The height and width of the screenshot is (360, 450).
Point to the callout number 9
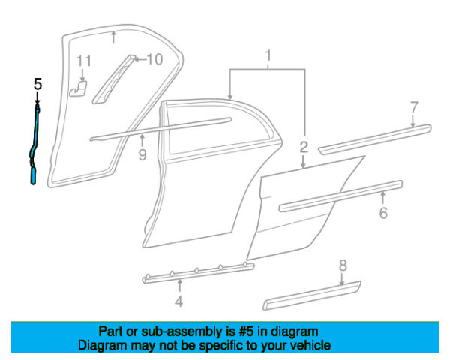click(142, 156)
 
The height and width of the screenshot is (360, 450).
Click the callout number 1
click(268, 55)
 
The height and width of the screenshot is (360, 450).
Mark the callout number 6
click(383, 214)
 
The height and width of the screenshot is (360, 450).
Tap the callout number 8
click(343, 265)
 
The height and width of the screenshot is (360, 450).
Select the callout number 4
click(178, 302)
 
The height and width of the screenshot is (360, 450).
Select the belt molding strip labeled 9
click(165, 127)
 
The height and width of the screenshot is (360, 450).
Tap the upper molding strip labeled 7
click(375, 136)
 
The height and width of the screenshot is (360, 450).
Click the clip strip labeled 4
click(199, 271)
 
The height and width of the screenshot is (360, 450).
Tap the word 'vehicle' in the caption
click(308, 345)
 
